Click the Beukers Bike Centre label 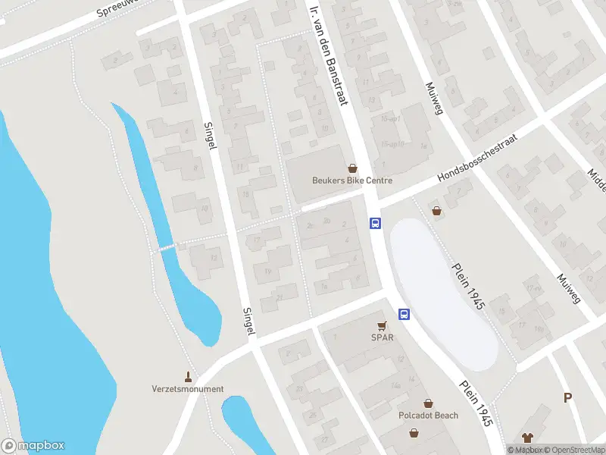coord(352,180)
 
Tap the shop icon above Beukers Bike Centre coord(352,168)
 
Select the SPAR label coord(383,337)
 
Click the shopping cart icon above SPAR coord(383,325)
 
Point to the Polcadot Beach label coord(428,416)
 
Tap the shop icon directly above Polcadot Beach coord(428,403)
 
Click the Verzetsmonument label coord(188,389)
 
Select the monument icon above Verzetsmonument coord(188,376)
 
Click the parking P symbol coord(567,397)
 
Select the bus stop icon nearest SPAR coord(405,314)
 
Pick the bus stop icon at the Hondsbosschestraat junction coord(374,223)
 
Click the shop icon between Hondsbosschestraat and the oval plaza coord(436,211)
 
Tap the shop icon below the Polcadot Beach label coord(414,433)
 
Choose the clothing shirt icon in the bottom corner coord(528,437)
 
